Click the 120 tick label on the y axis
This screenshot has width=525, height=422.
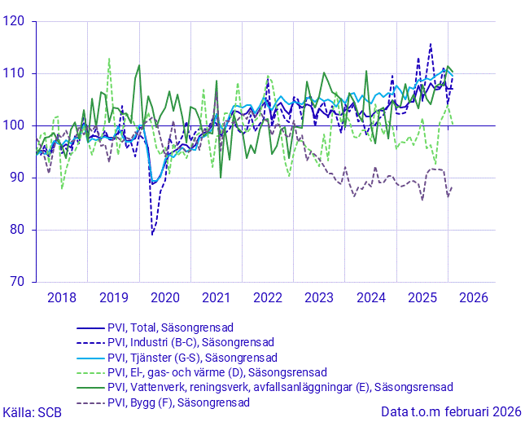coord(15,21)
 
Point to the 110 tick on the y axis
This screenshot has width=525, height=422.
coord(15,73)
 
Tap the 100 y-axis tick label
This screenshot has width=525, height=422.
coord(15,125)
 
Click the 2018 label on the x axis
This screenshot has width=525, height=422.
coord(62,297)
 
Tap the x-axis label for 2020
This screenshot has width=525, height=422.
coord(165,297)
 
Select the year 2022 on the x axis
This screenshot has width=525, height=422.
coord(269,297)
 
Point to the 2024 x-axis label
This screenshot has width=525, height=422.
coord(371,297)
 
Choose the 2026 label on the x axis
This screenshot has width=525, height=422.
coord(474,297)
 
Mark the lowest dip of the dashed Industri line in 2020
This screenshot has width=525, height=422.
coord(152,235)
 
